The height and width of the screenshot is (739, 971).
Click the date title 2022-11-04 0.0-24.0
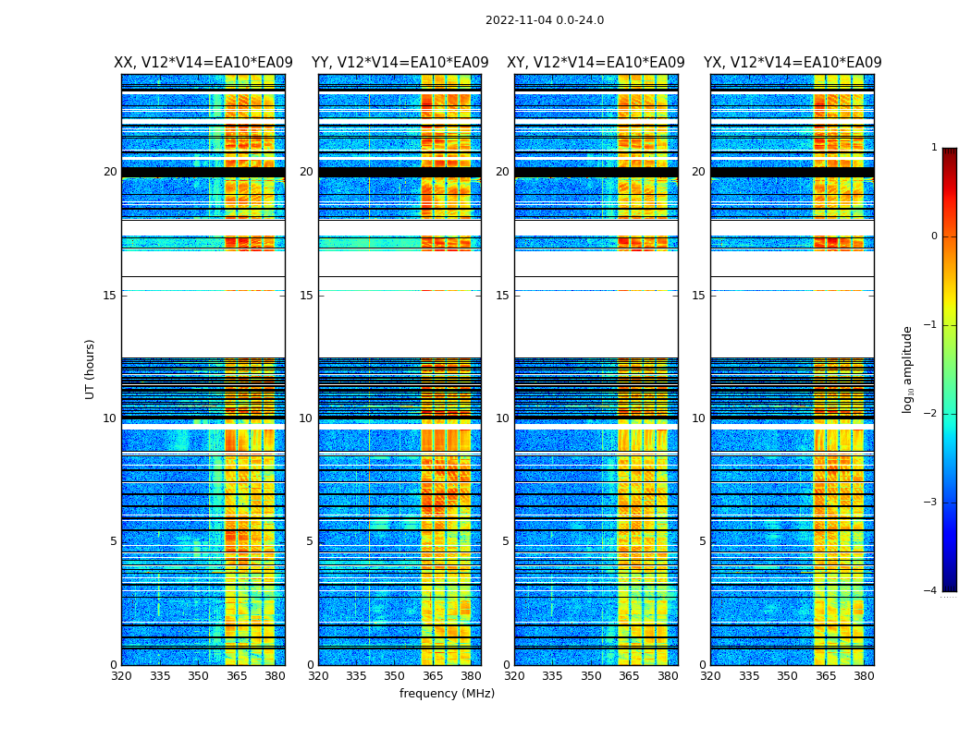click(545, 20)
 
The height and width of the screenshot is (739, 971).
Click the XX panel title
click(203, 63)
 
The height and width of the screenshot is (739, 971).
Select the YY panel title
click(399, 63)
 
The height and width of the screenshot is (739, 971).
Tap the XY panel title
click(596, 63)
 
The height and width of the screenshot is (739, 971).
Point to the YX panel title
click(793, 63)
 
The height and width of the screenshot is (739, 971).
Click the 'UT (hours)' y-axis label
click(91, 369)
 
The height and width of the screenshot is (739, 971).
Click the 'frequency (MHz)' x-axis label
click(447, 694)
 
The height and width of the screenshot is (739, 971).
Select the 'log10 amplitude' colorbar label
click(908, 369)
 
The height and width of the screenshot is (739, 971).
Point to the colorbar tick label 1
click(934, 148)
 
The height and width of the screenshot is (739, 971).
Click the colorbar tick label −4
click(932, 591)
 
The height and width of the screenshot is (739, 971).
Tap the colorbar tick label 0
click(934, 236)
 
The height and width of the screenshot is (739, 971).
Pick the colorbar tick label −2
click(932, 414)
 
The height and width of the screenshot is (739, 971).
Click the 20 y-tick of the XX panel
click(110, 172)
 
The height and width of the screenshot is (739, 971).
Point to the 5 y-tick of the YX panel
click(702, 541)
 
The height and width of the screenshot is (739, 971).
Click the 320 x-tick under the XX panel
click(121, 676)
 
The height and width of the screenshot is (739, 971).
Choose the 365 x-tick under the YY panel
click(433, 676)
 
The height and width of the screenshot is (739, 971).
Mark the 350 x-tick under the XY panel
click(591, 676)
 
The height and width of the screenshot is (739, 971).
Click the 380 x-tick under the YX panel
click(864, 676)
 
